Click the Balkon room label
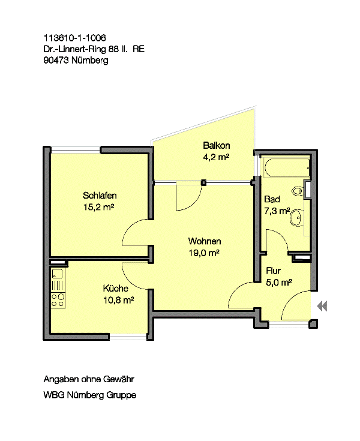(x=216, y=145)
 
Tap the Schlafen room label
(x=100, y=195)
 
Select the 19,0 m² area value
(x=203, y=253)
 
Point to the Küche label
(x=116, y=288)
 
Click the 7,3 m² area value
(x=277, y=211)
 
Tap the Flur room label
(x=273, y=271)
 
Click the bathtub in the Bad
(x=287, y=168)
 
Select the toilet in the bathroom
(x=297, y=191)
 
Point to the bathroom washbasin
(x=296, y=217)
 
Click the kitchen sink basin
(x=58, y=274)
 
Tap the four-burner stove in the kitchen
(x=58, y=301)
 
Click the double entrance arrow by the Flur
(x=322, y=306)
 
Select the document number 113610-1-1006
(x=74, y=38)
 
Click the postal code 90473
(x=56, y=60)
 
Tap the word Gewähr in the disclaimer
(x=119, y=379)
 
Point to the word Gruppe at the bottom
(x=121, y=395)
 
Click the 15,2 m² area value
(x=98, y=207)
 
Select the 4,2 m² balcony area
(x=216, y=157)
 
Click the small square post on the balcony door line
(x=203, y=182)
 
